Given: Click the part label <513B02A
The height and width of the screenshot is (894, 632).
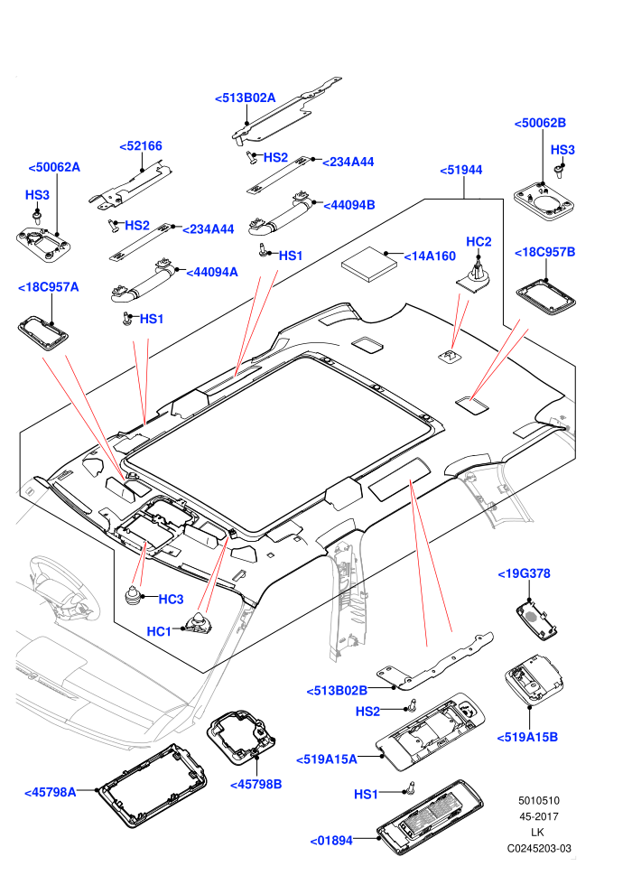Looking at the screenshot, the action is pyautogui.click(x=245, y=98).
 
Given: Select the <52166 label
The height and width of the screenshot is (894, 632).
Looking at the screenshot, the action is pyautogui.click(x=141, y=146).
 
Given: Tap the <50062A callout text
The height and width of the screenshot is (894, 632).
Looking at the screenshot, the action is pyautogui.click(x=54, y=167).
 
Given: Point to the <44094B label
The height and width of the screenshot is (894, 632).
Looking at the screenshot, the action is pyautogui.click(x=349, y=205).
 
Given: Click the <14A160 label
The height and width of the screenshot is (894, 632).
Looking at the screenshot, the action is pyautogui.click(x=430, y=256).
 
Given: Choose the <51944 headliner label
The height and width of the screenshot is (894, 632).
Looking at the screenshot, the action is pyautogui.click(x=461, y=170).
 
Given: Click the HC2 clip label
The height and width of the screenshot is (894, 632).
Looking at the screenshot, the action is pyautogui.click(x=479, y=242).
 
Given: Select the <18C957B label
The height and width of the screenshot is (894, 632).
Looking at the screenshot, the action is pyautogui.click(x=544, y=252).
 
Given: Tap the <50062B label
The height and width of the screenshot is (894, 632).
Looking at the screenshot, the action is pyautogui.click(x=540, y=123).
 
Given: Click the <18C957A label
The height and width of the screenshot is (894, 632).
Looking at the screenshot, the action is pyautogui.click(x=49, y=287).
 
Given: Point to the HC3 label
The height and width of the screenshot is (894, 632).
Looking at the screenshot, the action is pyautogui.click(x=171, y=600).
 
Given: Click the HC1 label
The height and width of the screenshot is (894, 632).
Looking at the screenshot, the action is pyautogui.click(x=159, y=632).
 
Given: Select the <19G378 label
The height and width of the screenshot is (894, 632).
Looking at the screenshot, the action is pyautogui.click(x=525, y=574).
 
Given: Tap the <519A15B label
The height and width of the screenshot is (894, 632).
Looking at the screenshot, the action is pyautogui.click(x=527, y=737).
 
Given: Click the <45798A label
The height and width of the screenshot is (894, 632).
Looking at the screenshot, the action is pyautogui.click(x=51, y=793).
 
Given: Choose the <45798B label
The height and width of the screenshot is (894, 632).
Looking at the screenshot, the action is pyautogui.click(x=256, y=785).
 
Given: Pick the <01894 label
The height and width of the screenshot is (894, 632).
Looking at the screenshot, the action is pyautogui.click(x=331, y=841).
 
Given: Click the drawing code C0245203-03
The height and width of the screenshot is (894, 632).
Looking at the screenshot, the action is pyautogui.click(x=539, y=848).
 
